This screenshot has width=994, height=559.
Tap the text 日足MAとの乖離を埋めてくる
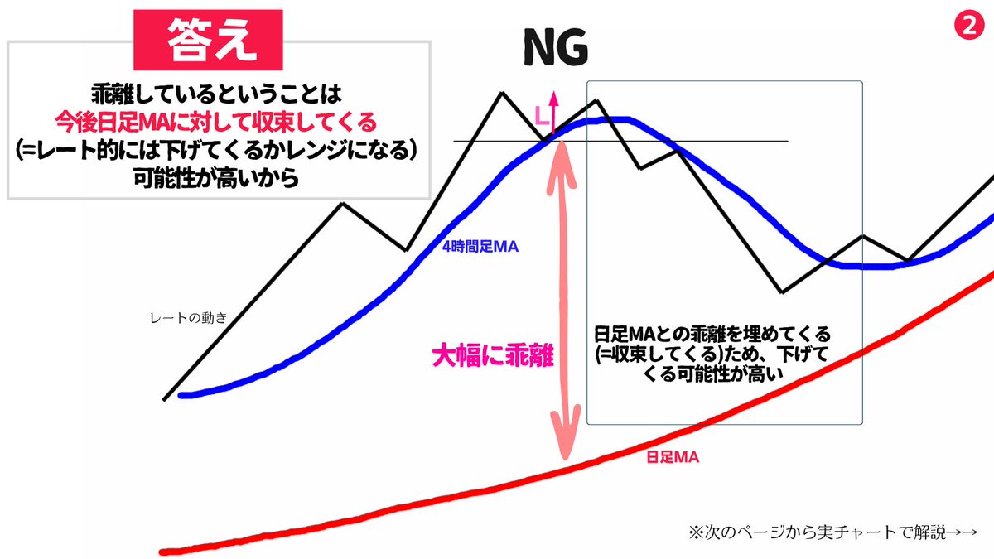[712, 335]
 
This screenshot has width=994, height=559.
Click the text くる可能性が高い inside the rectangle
[712, 375]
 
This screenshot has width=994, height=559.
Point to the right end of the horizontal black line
[786, 142]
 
